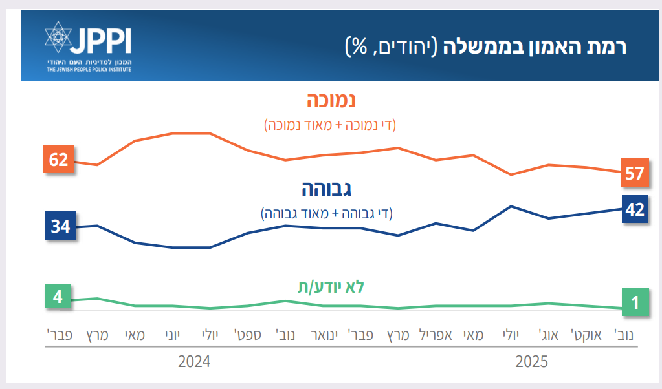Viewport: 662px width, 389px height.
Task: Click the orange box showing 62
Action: pyautogui.click(x=59, y=159)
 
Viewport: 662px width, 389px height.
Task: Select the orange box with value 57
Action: pyautogui.click(x=634, y=173)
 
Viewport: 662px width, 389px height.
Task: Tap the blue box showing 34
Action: pyautogui.click(x=61, y=227)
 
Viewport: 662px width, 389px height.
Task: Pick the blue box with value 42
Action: pyautogui.click(x=635, y=209)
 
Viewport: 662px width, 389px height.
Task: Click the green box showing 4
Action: pyautogui.click(x=58, y=297)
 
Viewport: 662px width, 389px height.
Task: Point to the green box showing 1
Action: pyautogui.click(x=635, y=302)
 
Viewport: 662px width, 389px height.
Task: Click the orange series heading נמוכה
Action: pyautogui.click(x=331, y=100)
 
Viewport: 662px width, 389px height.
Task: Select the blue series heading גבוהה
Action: pyautogui.click(x=327, y=189)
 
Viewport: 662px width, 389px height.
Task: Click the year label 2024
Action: pyautogui.click(x=194, y=361)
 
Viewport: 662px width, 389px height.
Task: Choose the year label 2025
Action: pyautogui.click(x=531, y=361)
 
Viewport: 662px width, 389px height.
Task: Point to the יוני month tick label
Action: pyautogui.click(x=171, y=335)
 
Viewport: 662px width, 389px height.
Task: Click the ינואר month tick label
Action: pyautogui.click(x=323, y=335)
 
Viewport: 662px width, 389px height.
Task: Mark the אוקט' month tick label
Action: pyautogui.click(x=586, y=335)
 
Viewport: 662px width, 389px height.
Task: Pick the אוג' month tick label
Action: pyautogui.click(x=549, y=335)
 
